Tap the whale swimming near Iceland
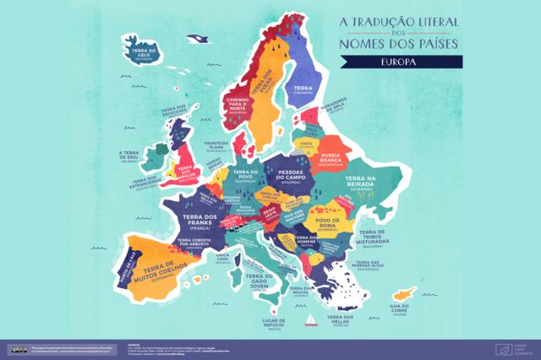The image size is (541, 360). click(197, 39)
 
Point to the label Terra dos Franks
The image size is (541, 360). click(203, 221)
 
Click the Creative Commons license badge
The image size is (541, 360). click(17, 348)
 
